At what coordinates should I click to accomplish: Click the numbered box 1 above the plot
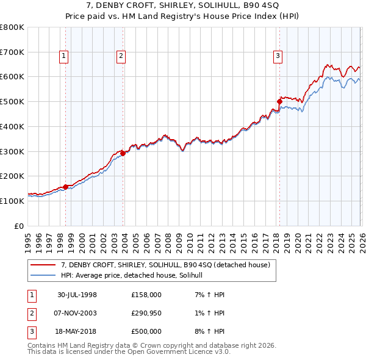point(64,57)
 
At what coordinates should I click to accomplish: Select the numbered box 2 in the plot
point(121,57)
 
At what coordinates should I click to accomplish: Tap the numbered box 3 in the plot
point(278,57)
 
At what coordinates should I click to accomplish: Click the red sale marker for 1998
point(65,187)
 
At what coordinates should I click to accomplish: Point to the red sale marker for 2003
point(123,153)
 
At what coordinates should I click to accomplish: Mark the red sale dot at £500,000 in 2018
point(279,101)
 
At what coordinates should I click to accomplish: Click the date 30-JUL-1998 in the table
point(77,295)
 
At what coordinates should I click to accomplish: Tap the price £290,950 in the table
point(146,313)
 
